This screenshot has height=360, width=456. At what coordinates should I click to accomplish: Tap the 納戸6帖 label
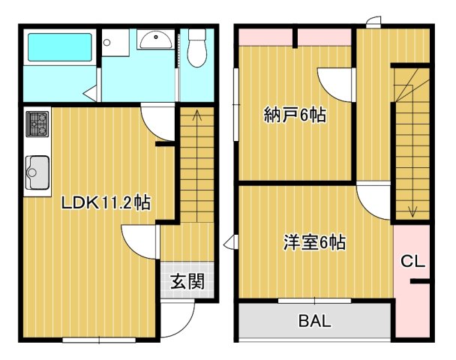pos(295,116)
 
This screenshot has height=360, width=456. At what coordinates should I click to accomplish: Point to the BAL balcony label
pos(314,322)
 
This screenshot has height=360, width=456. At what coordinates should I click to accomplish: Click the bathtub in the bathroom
pos(59,46)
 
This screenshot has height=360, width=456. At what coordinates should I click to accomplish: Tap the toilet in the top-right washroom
pos(198,48)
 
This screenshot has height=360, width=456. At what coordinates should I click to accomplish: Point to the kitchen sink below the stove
pos(37,173)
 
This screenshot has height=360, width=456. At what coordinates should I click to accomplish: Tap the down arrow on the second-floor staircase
pos(412,209)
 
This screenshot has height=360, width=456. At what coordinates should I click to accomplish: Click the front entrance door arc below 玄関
pos(174,318)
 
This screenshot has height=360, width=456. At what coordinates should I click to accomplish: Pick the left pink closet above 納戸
pos(266,36)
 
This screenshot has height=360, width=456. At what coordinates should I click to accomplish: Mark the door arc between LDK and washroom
pos(155,120)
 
